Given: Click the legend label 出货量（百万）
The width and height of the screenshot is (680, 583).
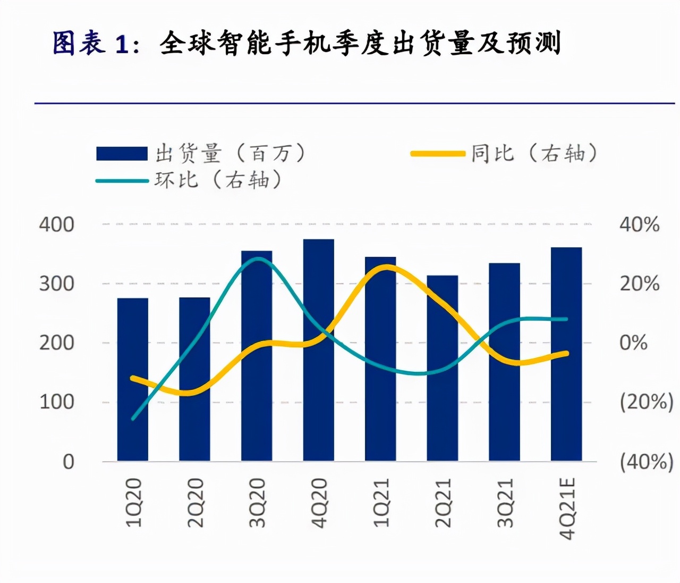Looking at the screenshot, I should click(x=231, y=153).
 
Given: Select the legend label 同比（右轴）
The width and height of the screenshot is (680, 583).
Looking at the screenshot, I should click(x=533, y=153).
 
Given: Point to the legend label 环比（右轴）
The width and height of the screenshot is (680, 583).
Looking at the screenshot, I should click(x=218, y=180).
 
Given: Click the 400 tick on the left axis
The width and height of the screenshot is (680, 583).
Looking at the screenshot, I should click(x=57, y=224).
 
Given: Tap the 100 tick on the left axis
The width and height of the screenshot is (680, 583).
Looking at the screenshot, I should click(x=57, y=402).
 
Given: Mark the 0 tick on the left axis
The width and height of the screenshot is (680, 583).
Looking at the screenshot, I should click(x=69, y=462).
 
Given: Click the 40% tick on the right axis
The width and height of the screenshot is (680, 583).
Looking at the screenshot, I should click(x=639, y=224).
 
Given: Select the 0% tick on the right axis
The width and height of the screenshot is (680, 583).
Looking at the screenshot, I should click(x=633, y=343).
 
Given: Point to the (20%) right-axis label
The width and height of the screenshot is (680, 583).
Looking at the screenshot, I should click(x=646, y=402).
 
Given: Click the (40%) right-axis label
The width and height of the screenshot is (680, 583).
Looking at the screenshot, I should click(x=646, y=462).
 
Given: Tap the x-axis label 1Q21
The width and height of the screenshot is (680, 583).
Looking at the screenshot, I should click(x=381, y=503).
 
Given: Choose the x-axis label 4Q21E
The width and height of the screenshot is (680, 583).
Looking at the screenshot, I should click(x=567, y=509).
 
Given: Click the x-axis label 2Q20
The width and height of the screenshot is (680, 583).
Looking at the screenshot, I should click(x=195, y=503).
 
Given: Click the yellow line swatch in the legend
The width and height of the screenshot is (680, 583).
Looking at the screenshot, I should click(x=438, y=154).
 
